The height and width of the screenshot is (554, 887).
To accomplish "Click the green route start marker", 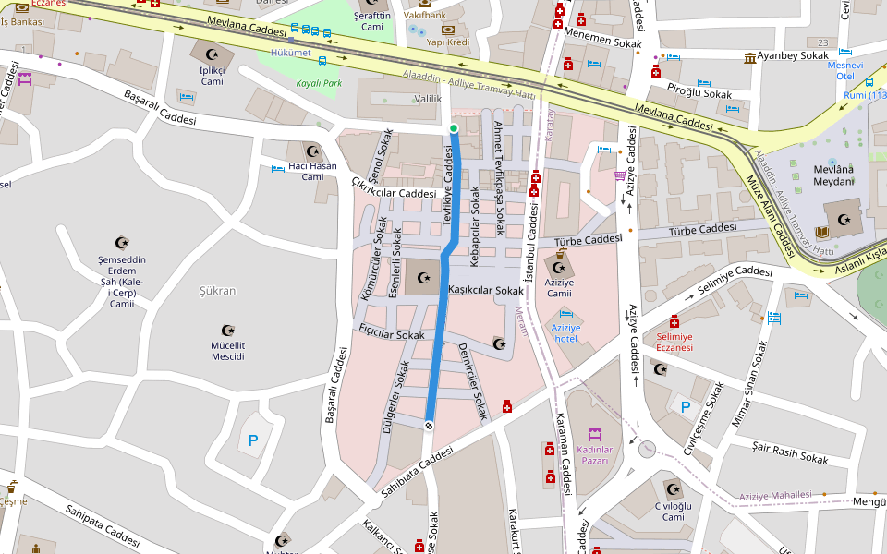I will coord(454,127).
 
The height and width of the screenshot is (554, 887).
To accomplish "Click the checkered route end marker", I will coord(429,425).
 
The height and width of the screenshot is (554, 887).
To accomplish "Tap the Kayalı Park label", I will coord(319,83).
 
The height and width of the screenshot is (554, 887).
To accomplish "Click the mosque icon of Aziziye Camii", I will coord(559,269).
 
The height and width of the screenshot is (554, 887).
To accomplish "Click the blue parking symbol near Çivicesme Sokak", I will coord(685,406).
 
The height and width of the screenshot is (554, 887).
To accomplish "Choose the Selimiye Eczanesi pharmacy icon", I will coord(674,321).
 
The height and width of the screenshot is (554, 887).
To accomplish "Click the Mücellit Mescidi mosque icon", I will coord(228,331).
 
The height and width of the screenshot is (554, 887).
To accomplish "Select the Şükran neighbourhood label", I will coord(218,291).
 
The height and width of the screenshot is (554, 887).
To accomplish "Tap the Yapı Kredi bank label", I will coord(448,42).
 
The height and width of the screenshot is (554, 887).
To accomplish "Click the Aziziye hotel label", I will coord(565,332).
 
